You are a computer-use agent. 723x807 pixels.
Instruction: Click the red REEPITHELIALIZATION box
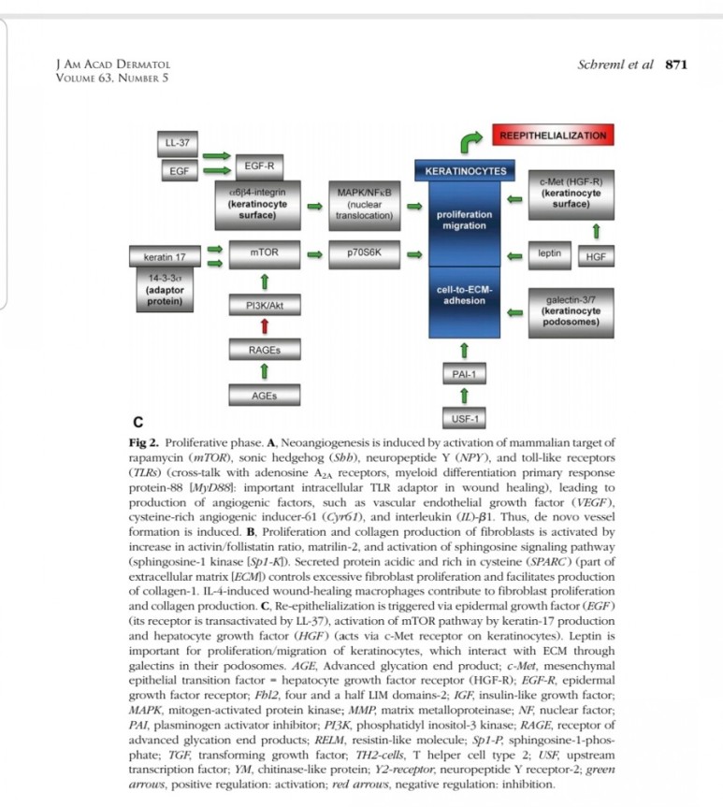click(x=553, y=137)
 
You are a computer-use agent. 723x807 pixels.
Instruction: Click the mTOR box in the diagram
click(x=265, y=252)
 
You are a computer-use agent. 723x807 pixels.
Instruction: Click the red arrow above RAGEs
click(x=265, y=325)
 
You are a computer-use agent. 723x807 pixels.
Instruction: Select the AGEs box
click(x=265, y=395)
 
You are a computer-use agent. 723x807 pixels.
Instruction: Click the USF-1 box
click(x=465, y=417)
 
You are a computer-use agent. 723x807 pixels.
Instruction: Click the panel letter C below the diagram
click(x=138, y=420)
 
